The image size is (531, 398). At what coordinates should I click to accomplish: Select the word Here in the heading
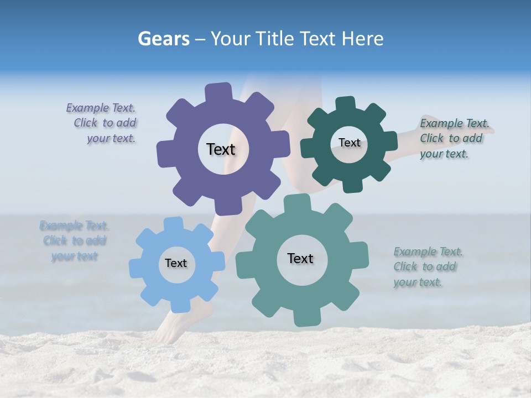click(x=362, y=39)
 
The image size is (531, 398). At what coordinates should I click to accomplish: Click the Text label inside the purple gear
click(x=221, y=149)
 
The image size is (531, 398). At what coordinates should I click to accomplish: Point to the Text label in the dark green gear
click(x=349, y=143)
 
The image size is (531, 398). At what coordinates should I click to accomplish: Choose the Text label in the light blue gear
click(x=176, y=263)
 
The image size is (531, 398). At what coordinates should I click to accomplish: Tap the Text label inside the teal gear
click(x=300, y=258)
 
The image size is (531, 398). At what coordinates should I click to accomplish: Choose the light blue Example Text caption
click(x=74, y=241)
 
